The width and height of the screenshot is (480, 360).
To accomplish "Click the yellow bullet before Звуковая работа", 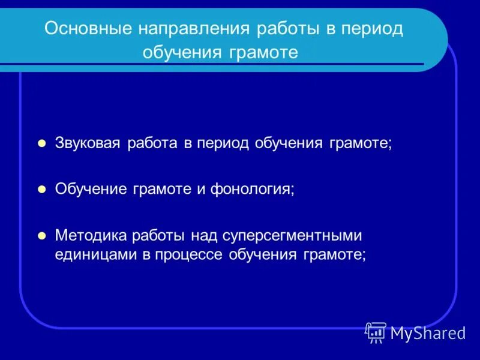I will pos(42,144).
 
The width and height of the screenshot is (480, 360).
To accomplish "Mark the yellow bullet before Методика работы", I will pos(42,235).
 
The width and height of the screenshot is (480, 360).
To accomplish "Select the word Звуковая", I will pos(88,144).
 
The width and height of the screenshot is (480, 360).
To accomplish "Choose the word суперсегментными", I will pos(292,235).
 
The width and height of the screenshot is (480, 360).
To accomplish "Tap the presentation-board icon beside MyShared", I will pos(376,332).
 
